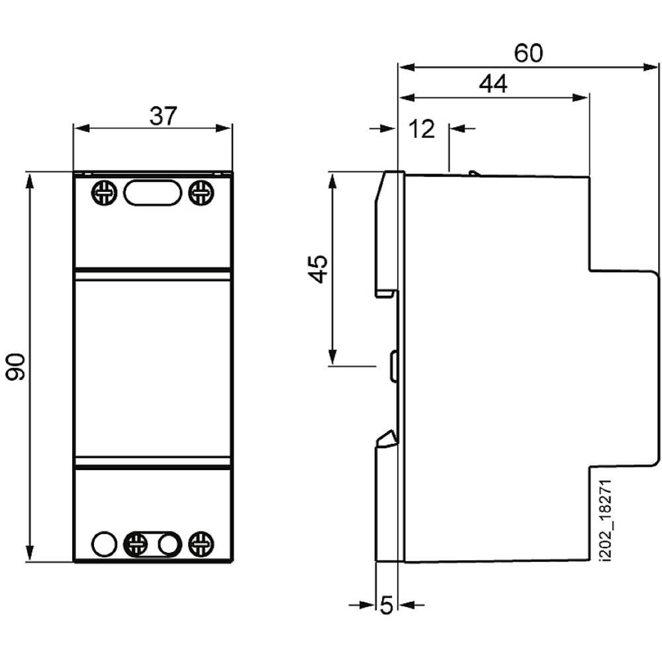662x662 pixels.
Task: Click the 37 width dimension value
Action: [x=164, y=116]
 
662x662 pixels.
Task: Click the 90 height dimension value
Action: [x=16, y=367]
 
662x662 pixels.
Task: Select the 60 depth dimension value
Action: [x=528, y=53]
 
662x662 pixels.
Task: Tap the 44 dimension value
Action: [x=493, y=83]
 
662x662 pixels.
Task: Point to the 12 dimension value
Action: [x=422, y=129]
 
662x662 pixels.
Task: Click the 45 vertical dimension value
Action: [x=318, y=269]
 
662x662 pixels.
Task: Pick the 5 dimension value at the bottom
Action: [x=387, y=605]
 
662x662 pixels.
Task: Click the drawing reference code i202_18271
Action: [x=606, y=520]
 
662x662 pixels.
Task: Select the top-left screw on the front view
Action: [x=104, y=193]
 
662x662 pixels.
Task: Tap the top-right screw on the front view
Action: [x=201, y=193]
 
